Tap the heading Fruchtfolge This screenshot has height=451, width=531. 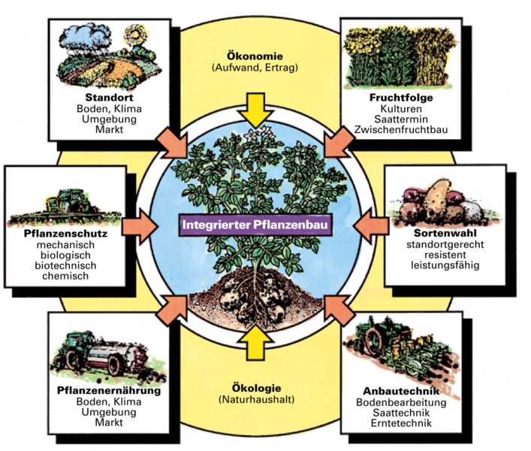click(401, 98)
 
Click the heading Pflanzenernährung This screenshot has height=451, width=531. click(109, 391)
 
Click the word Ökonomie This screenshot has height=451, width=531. click(255, 55)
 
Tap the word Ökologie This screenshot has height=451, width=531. click(256, 389)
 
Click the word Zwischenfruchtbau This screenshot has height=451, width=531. click(401, 130)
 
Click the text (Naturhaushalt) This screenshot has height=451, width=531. click(255, 401)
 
